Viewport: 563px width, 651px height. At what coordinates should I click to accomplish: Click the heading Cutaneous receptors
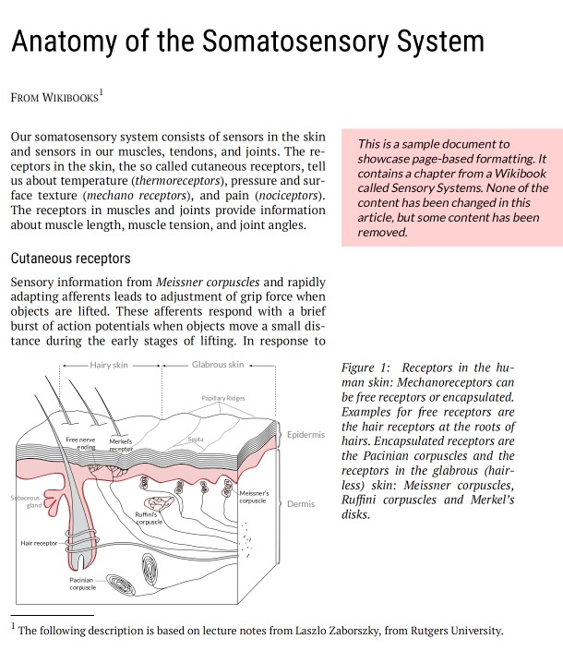[70, 258]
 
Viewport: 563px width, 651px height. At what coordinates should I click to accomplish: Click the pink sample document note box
[452, 188]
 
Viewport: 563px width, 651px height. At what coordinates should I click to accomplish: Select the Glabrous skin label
[218, 365]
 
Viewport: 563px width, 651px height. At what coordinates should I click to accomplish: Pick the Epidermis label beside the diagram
[305, 434]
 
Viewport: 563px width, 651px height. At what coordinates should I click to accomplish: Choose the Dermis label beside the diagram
[301, 504]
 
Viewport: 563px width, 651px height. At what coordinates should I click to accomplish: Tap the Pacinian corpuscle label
[82, 584]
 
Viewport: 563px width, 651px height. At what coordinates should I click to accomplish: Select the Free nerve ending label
[80, 443]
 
